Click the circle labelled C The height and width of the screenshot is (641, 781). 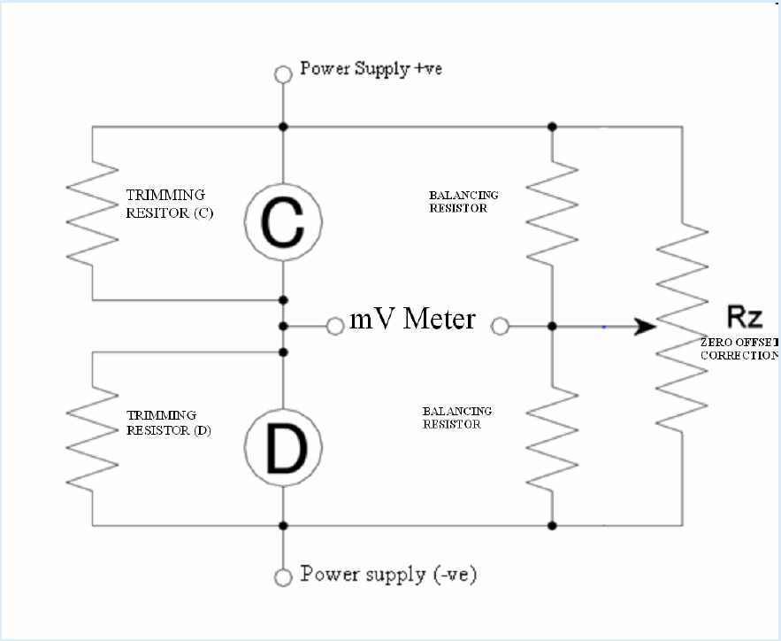click(x=283, y=227)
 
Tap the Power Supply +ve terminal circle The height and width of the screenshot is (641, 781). click(x=283, y=74)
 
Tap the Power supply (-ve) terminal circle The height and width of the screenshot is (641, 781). click(x=283, y=577)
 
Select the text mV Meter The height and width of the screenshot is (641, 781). click(x=412, y=319)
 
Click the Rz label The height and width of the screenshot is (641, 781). click(x=745, y=316)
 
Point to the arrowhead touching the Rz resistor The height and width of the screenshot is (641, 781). click(x=647, y=327)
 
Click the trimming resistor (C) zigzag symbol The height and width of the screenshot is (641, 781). click(x=92, y=212)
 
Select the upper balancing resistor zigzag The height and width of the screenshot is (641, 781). click(x=552, y=212)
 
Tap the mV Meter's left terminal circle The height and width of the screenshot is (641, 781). click(x=335, y=327)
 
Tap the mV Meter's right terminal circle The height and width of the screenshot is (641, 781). click(x=500, y=327)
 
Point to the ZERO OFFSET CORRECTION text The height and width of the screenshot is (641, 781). click(x=739, y=348)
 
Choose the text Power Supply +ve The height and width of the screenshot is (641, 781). click(x=367, y=70)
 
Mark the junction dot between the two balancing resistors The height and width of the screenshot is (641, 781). click(x=552, y=327)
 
